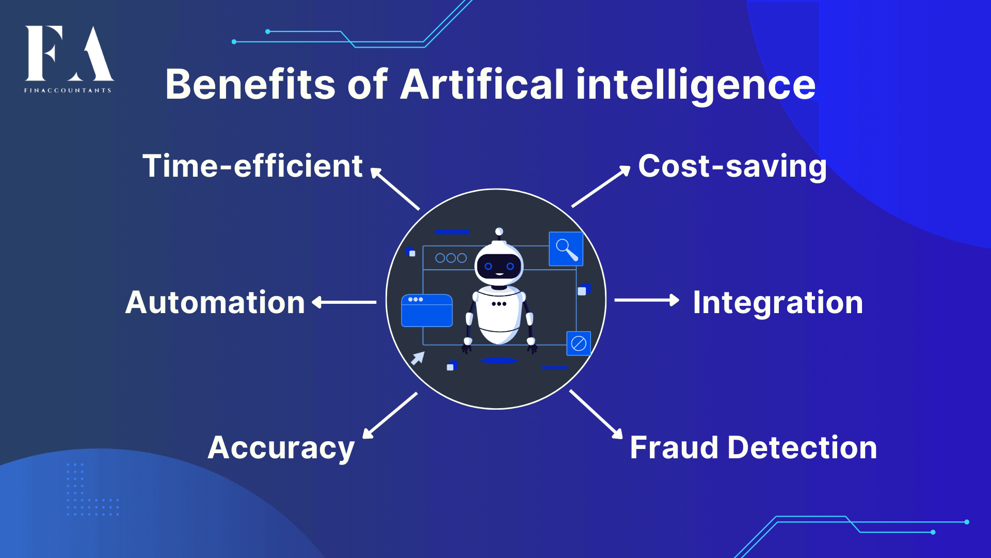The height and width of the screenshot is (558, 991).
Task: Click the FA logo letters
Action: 70,53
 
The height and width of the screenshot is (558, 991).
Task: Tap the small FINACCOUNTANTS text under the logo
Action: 68,90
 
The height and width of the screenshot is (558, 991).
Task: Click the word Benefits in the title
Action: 250,84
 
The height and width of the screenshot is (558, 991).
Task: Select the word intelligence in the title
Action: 696,85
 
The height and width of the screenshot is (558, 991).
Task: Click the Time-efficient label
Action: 253,166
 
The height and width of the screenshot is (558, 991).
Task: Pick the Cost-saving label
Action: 732,167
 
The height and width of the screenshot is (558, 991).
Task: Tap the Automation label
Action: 215,302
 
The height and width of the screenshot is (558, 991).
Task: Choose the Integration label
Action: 778,303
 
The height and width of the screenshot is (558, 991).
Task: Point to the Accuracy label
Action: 281,448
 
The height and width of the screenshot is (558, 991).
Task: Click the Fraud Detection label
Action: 754,447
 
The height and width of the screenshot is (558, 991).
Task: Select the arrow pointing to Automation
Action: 344,302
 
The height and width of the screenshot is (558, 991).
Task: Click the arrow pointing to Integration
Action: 647,300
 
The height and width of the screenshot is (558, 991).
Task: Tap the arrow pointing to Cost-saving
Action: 601,186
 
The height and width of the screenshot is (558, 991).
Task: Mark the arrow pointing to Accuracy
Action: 390,416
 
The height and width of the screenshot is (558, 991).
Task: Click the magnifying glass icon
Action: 566,249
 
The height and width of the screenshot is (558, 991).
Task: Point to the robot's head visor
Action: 499,266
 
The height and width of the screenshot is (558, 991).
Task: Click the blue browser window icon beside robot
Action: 427,311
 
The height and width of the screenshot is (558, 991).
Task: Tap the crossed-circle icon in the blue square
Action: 579,344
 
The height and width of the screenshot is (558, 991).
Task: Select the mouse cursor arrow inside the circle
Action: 418,358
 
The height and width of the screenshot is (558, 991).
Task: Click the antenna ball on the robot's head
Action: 499,231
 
